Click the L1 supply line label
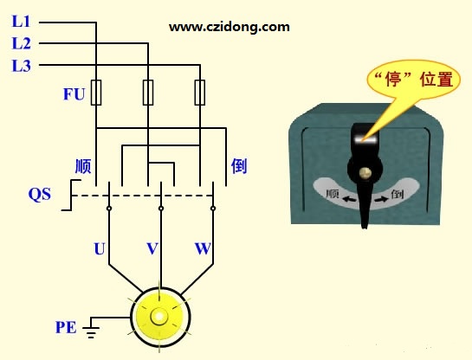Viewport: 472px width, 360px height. coord(21,22)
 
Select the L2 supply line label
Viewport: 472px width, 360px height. coord(21,43)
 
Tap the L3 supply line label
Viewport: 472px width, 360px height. coord(21,66)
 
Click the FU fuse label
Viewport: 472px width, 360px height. coord(74,94)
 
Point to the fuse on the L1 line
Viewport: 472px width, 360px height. coord(96,93)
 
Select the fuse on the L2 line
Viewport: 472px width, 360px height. coord(148,93)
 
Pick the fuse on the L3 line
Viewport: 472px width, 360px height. coord(200,93)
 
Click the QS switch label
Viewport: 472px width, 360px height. coord(40,195)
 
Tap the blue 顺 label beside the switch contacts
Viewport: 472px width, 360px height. coord(83,166)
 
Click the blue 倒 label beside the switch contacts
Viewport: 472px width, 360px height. coord(239,165)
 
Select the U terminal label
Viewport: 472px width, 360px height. coord(100,248)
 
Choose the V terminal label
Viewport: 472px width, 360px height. coord(152,248)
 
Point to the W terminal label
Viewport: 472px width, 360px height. coord(203,248)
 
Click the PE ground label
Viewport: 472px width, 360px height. coord(66,327)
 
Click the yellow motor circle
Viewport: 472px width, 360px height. coord(160,317)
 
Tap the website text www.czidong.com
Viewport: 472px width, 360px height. coord(230,27)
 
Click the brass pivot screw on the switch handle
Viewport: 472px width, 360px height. coord(365,172)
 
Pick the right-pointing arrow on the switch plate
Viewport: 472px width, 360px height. coord(381,199)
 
